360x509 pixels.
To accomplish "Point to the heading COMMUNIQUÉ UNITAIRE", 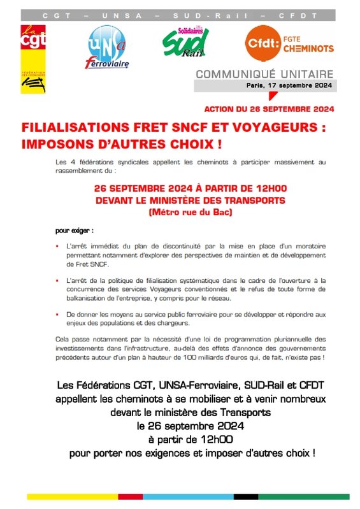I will point(272,75).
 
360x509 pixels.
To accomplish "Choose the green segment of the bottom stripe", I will point(312,496).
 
